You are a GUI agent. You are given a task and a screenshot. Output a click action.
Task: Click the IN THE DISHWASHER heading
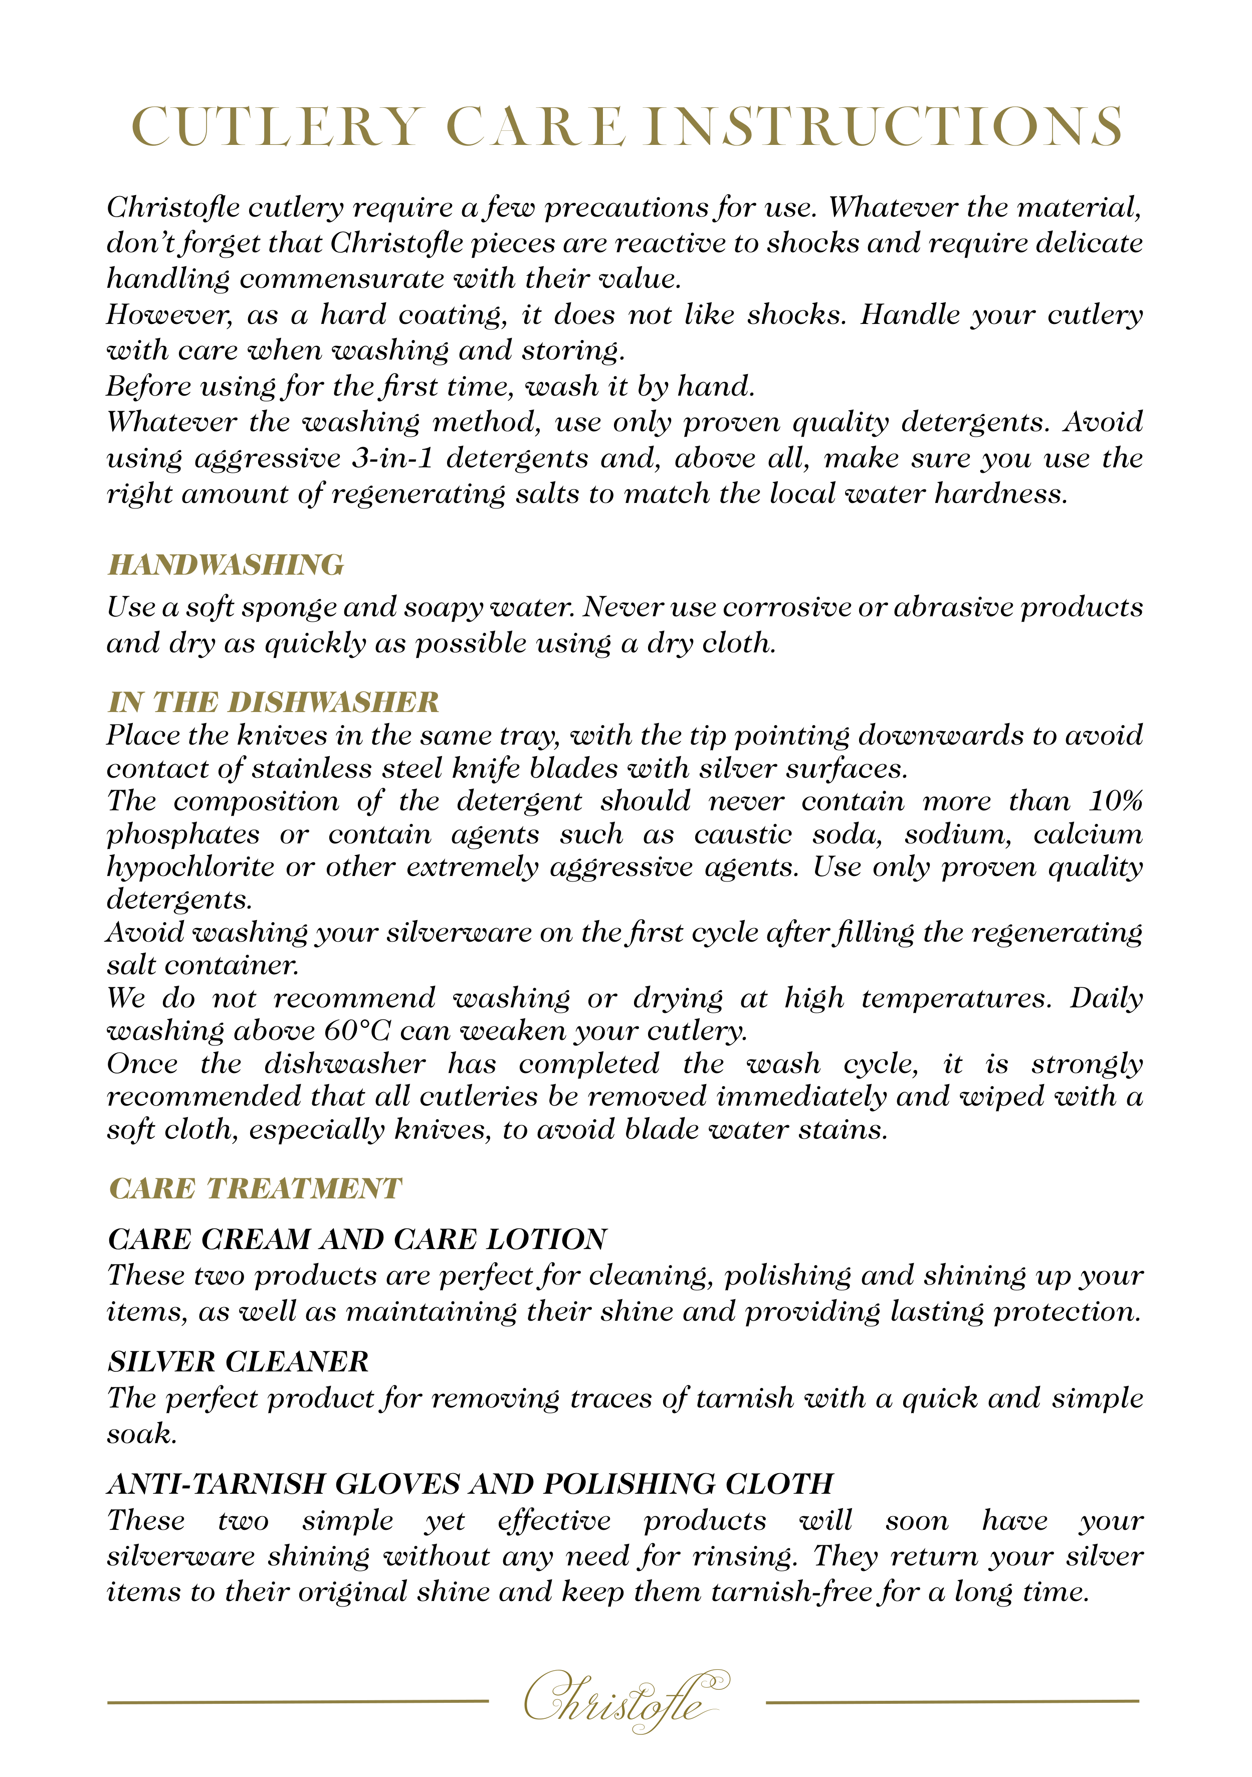pyautogui.click(x=273, y=702)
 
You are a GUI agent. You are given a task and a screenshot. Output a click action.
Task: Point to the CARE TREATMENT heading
pyautogui.click(x=255, y=1189)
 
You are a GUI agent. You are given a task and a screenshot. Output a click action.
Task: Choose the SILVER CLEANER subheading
pyautogui.click(x=239, y=1362)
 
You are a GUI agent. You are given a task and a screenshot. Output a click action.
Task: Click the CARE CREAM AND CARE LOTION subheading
pyautogui.click(x=357, y=1240)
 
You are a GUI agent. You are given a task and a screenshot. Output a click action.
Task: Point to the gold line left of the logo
pyautogui.click(x=298, y=1701)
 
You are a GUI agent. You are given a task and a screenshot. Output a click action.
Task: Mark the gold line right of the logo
pyautogui.click(x=952, y=1701)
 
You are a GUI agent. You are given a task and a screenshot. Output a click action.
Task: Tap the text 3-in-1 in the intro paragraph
pyautogui.click(x=392, y=458)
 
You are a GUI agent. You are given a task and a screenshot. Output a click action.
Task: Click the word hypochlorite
pyautogui.click(x=190, y=867)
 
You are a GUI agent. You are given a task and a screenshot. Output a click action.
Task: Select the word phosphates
pyautogui.click(x=183, y=834)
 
